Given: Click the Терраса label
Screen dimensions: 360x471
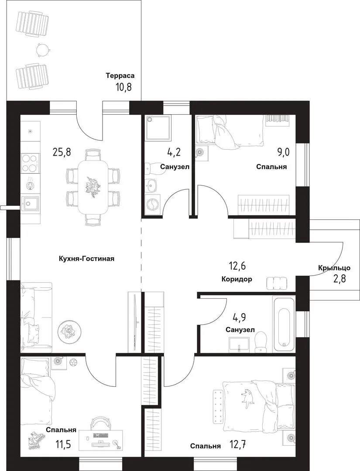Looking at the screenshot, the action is coord(120,76).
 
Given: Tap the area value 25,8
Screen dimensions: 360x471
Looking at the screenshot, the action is coord(62,152).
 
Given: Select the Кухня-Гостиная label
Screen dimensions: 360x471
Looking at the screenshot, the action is coord(87,259).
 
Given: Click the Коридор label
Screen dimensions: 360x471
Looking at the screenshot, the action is coord(237,279).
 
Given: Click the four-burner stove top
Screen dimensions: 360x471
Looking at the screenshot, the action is coord(31,163).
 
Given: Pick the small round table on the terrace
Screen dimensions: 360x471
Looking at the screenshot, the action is coord(42,49).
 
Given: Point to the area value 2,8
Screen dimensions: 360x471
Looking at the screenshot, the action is coord(339,279).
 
